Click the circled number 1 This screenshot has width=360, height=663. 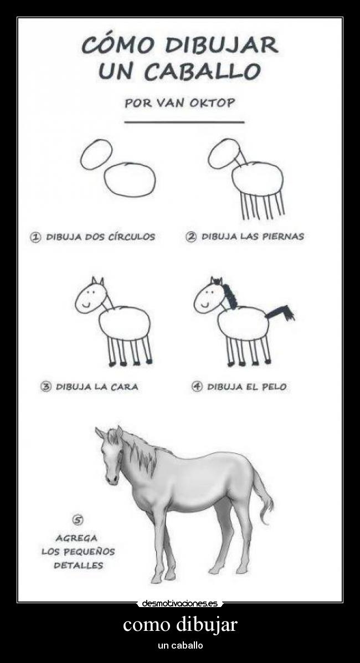pyautogui.click(x=36, y=237)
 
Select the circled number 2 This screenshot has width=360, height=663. pyautogui.click(x=191, y=237)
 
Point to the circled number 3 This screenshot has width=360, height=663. pyautogui.click(x=47, y=387)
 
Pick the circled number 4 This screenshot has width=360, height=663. pyautogui.click(x=197, y=387)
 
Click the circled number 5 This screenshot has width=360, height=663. pyautogui.click(x=78, y=520)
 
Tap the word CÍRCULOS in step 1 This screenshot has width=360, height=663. pyautogui.click(x=128, y=237)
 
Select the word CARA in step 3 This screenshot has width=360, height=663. pyautogui.click(x=125, y=387)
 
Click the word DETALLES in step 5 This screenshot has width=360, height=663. pyautogui.click(x=78, y=566)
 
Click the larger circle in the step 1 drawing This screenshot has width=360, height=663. pyautogui.click(x=130, y=180)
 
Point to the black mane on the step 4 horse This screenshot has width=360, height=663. pyautogui.click(x=229, y=294)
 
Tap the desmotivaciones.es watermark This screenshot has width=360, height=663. pyautogui.click(x=179, y=603)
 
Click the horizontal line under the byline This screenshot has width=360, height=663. pyautogui.click(x=184, y=121)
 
